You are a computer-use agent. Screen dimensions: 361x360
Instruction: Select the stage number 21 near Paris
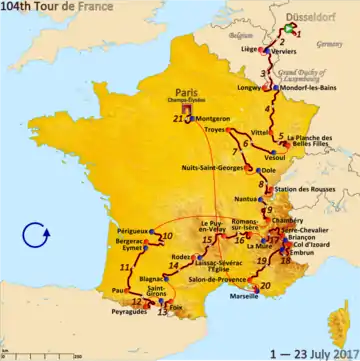click(178, 121)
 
